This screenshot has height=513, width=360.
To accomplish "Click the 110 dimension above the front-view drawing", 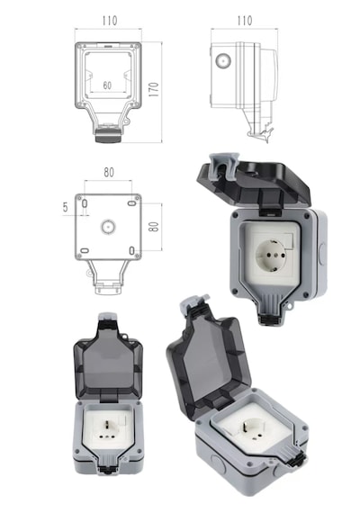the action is [109, 21].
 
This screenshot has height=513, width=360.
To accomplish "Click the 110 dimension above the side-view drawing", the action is [245, 21].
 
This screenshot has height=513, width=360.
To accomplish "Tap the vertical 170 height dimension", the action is [154, 89].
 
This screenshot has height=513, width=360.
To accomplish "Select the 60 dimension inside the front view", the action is [107, 85].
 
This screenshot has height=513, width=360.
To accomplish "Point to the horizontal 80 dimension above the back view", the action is [109, 173].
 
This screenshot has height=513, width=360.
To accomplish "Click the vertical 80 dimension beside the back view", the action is [154, 227].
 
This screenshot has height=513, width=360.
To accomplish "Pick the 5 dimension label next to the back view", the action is [66, 207].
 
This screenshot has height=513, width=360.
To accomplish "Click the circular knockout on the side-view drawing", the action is [223, 61].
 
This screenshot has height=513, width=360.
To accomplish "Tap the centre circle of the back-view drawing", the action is [108, 227].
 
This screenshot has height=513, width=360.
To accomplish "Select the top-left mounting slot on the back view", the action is [85, 203].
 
